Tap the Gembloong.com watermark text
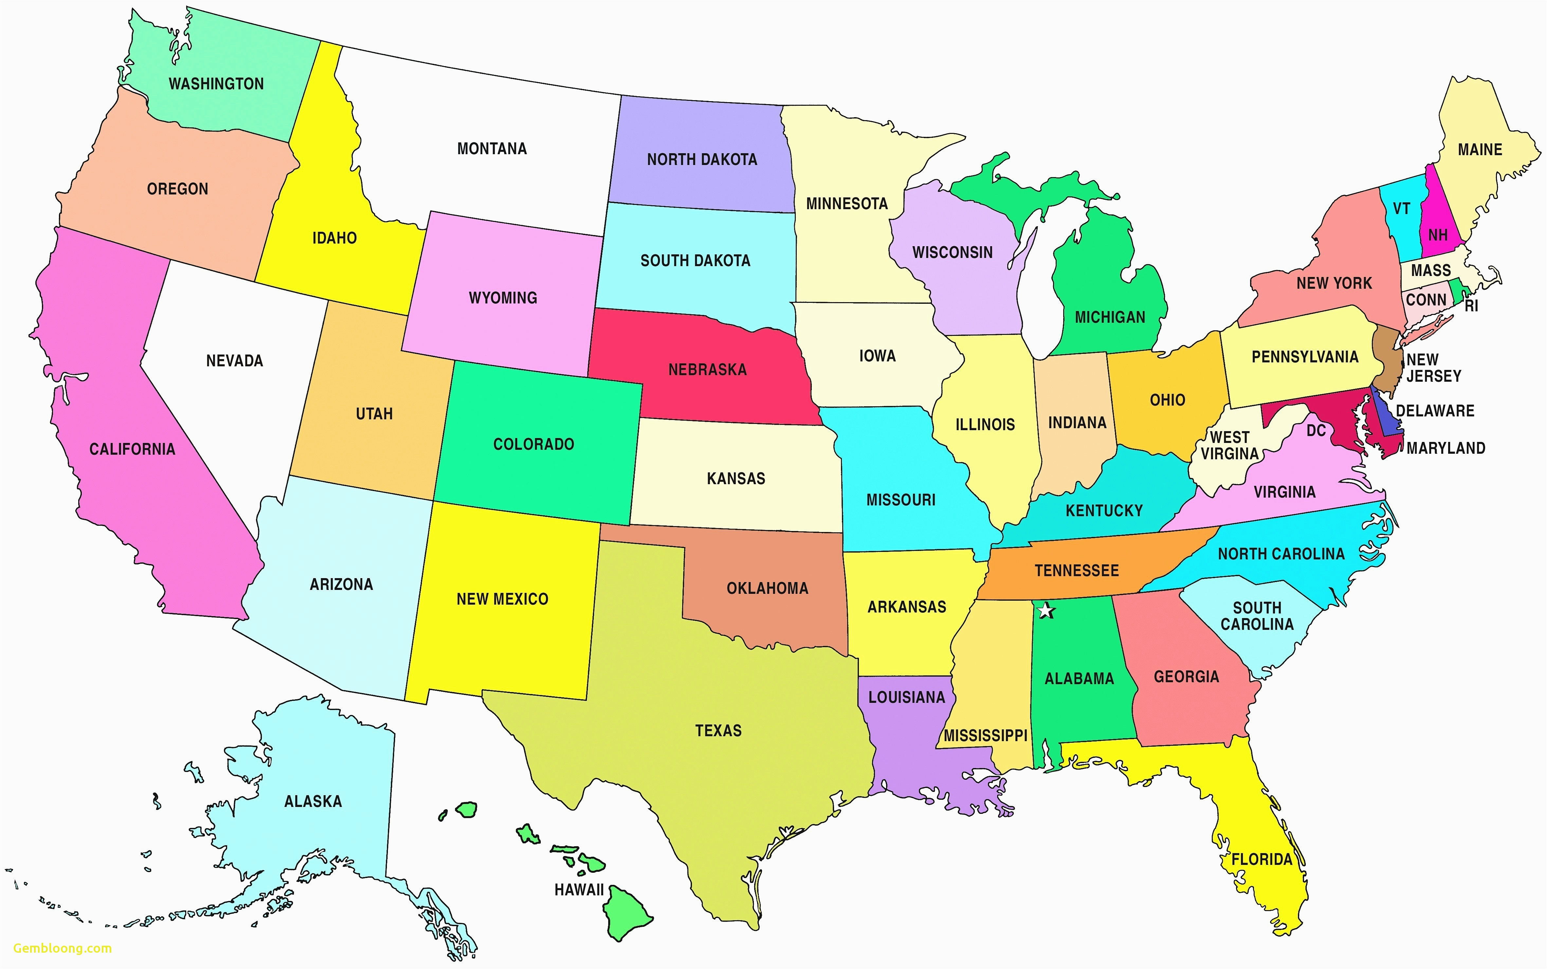click(x=62, y=948)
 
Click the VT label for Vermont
click(x=1402, y=209)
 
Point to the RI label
click(x=1471, y=306)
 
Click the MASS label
click(x=1430, y=270)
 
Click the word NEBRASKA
click(x=707, y=370)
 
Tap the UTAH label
click(x=374, y=414)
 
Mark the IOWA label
click(x=877, y=356)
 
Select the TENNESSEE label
click(x=1077, y=570)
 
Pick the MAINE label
click(x=1480, y=150)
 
